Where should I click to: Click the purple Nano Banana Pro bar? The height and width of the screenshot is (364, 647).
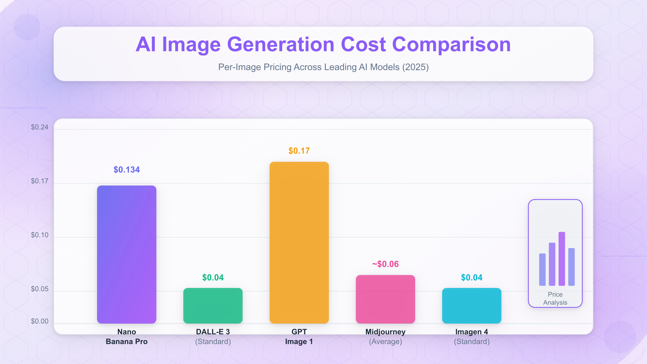click(127, 254)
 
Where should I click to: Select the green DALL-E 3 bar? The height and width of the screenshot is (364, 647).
click(213, 305)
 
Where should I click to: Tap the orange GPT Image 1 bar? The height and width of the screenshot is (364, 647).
click(299, 242)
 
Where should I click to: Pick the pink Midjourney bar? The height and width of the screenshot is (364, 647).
click(386, 299)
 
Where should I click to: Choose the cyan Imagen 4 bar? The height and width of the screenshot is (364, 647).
click(472, 305)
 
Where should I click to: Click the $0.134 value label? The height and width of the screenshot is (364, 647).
click(127, 170)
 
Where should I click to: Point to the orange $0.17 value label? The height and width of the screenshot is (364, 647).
click(299, 151)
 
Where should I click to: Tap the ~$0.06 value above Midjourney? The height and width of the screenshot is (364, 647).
click(386, 264)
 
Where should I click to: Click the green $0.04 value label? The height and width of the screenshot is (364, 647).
click(213, 277)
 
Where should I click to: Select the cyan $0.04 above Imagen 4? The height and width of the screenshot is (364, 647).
click(472, 277)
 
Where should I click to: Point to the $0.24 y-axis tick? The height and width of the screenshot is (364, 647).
click(40, 127)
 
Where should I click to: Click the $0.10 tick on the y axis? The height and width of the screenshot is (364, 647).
click(40, 235)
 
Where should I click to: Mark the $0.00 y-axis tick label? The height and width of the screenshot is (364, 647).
click(40, 321)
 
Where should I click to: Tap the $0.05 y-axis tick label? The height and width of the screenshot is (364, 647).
click(40, 289)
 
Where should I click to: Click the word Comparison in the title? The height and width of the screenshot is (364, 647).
click(452, 44)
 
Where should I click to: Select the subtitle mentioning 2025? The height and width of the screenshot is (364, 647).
click(323, 67)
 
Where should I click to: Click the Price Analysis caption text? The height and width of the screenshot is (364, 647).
click(555, 298)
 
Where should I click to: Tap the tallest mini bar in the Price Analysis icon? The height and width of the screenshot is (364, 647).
click(562, 259)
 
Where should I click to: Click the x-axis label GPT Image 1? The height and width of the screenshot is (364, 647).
click(299, 336)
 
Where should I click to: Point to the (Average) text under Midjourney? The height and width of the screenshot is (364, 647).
click(386, 342)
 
